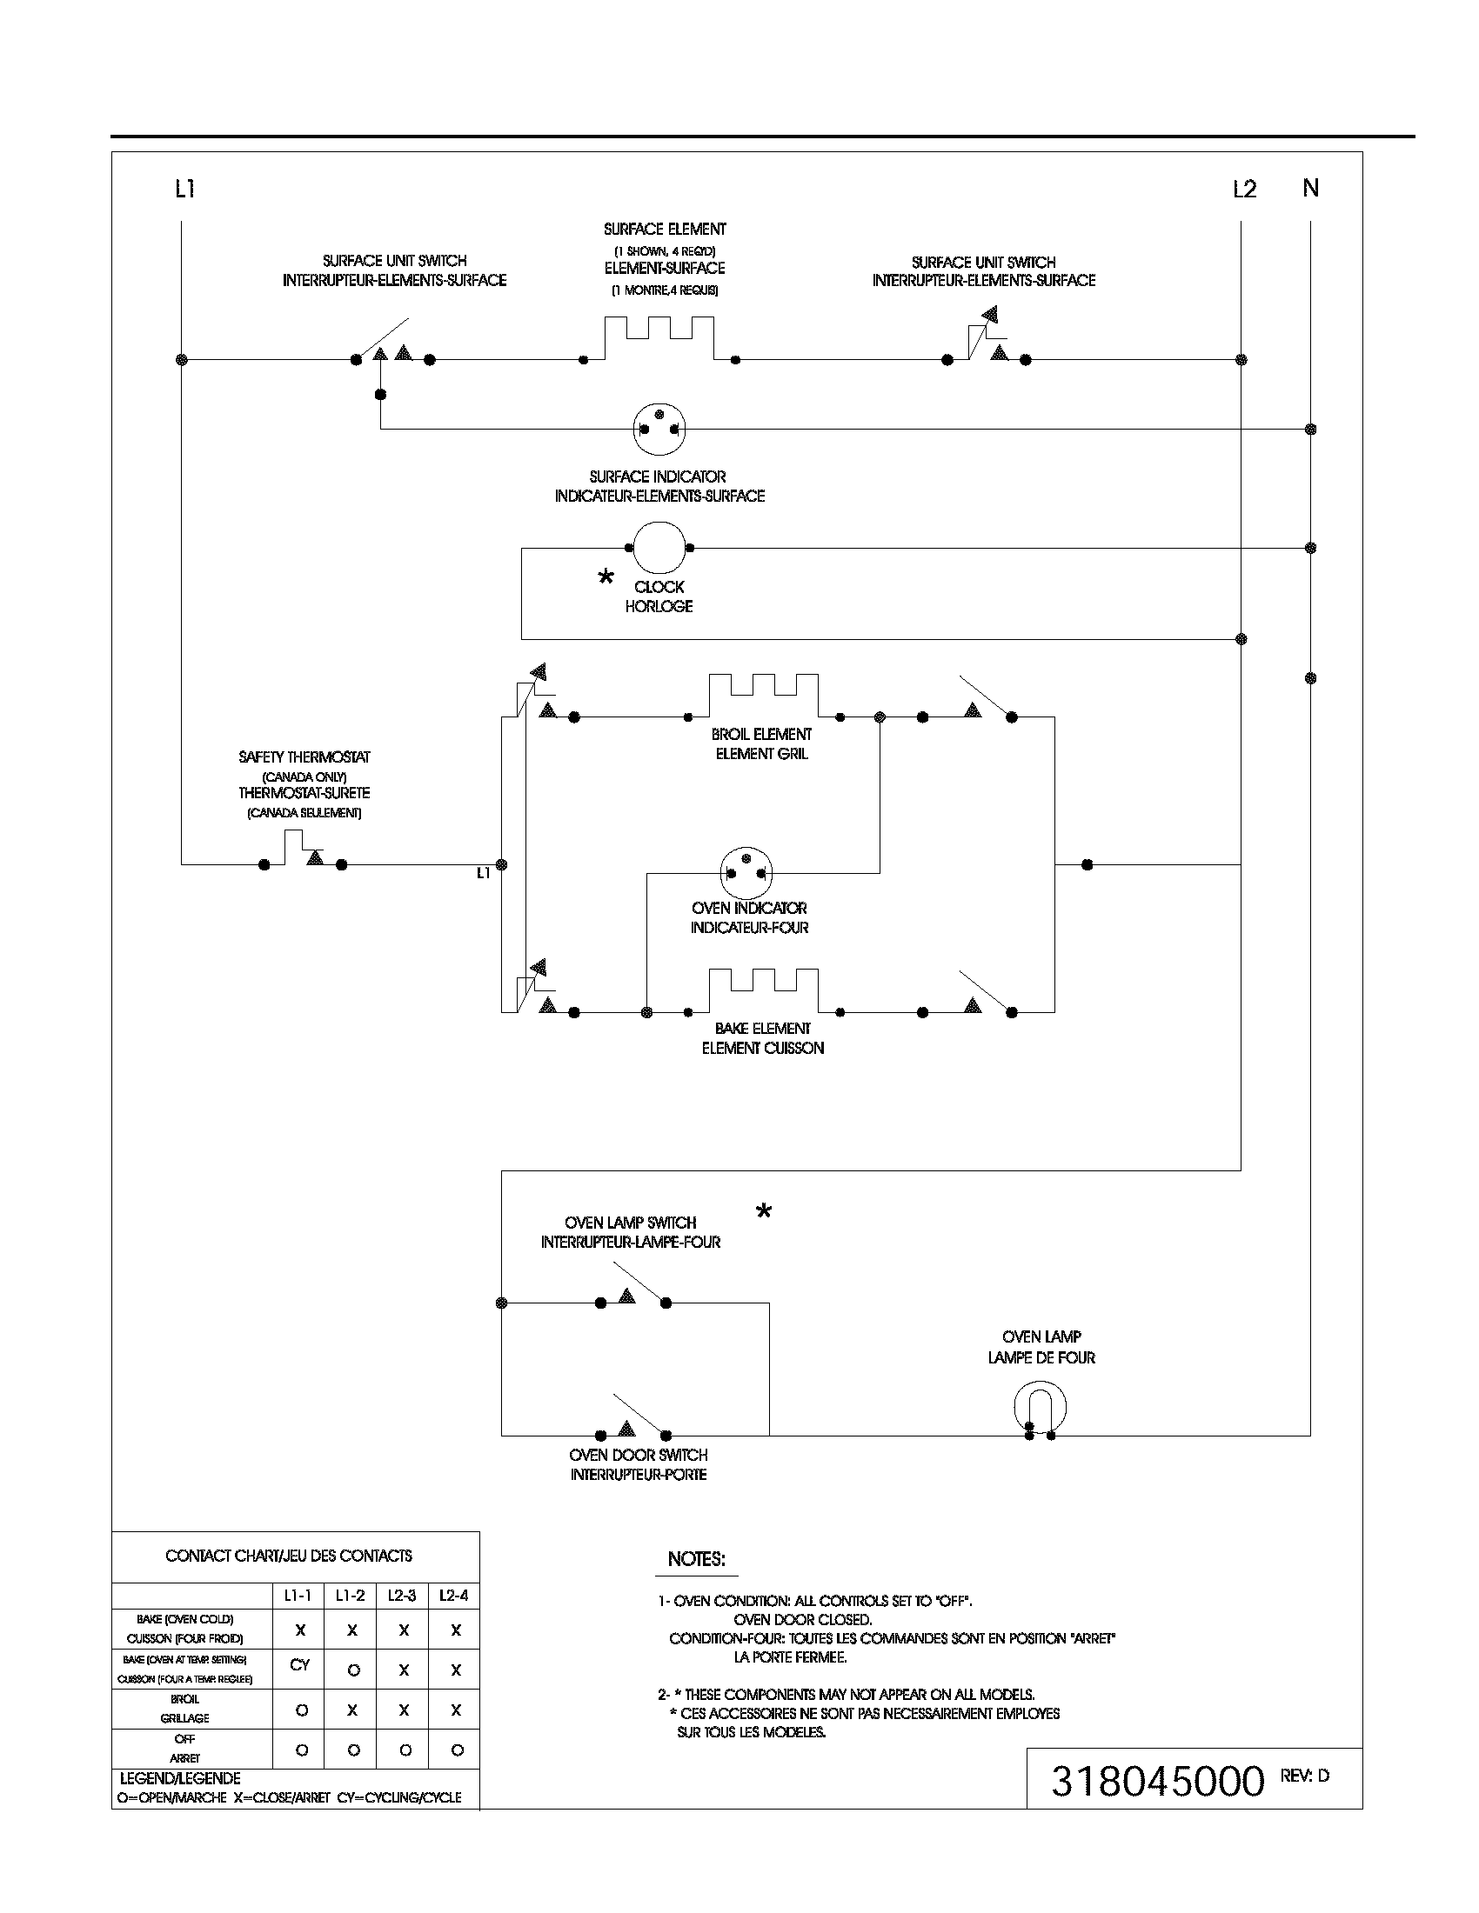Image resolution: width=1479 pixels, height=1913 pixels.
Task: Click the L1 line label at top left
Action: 184,189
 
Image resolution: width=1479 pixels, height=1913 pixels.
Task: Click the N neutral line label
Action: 1311,188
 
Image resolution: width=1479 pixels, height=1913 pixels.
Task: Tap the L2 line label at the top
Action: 1244,190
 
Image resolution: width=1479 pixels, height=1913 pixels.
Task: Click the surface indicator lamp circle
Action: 659,429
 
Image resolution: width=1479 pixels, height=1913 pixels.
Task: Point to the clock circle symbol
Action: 659,548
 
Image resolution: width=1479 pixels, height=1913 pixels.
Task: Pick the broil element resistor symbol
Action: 762,697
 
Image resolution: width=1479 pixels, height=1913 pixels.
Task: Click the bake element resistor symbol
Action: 762,991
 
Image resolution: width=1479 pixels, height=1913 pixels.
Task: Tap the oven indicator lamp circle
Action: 746,872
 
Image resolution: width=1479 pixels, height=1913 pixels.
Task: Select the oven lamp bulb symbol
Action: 1040,1409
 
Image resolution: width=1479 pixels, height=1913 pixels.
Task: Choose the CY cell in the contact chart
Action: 299,1664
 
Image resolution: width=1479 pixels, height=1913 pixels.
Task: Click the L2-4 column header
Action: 454,1596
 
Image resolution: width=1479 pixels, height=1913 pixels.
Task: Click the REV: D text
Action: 1305,1776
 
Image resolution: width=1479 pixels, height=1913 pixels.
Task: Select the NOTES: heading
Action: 697,1559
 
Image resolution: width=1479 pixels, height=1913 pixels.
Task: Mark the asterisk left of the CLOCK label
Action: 606,577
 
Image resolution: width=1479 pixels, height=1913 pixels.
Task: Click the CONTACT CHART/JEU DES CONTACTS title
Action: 288,1556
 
